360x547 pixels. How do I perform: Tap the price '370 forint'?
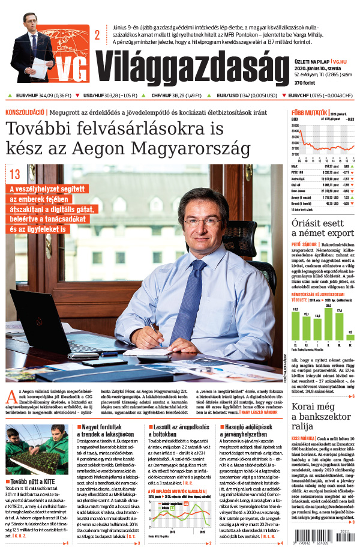306,82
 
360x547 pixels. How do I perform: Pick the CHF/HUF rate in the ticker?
176,95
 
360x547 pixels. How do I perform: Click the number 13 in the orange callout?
15,175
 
